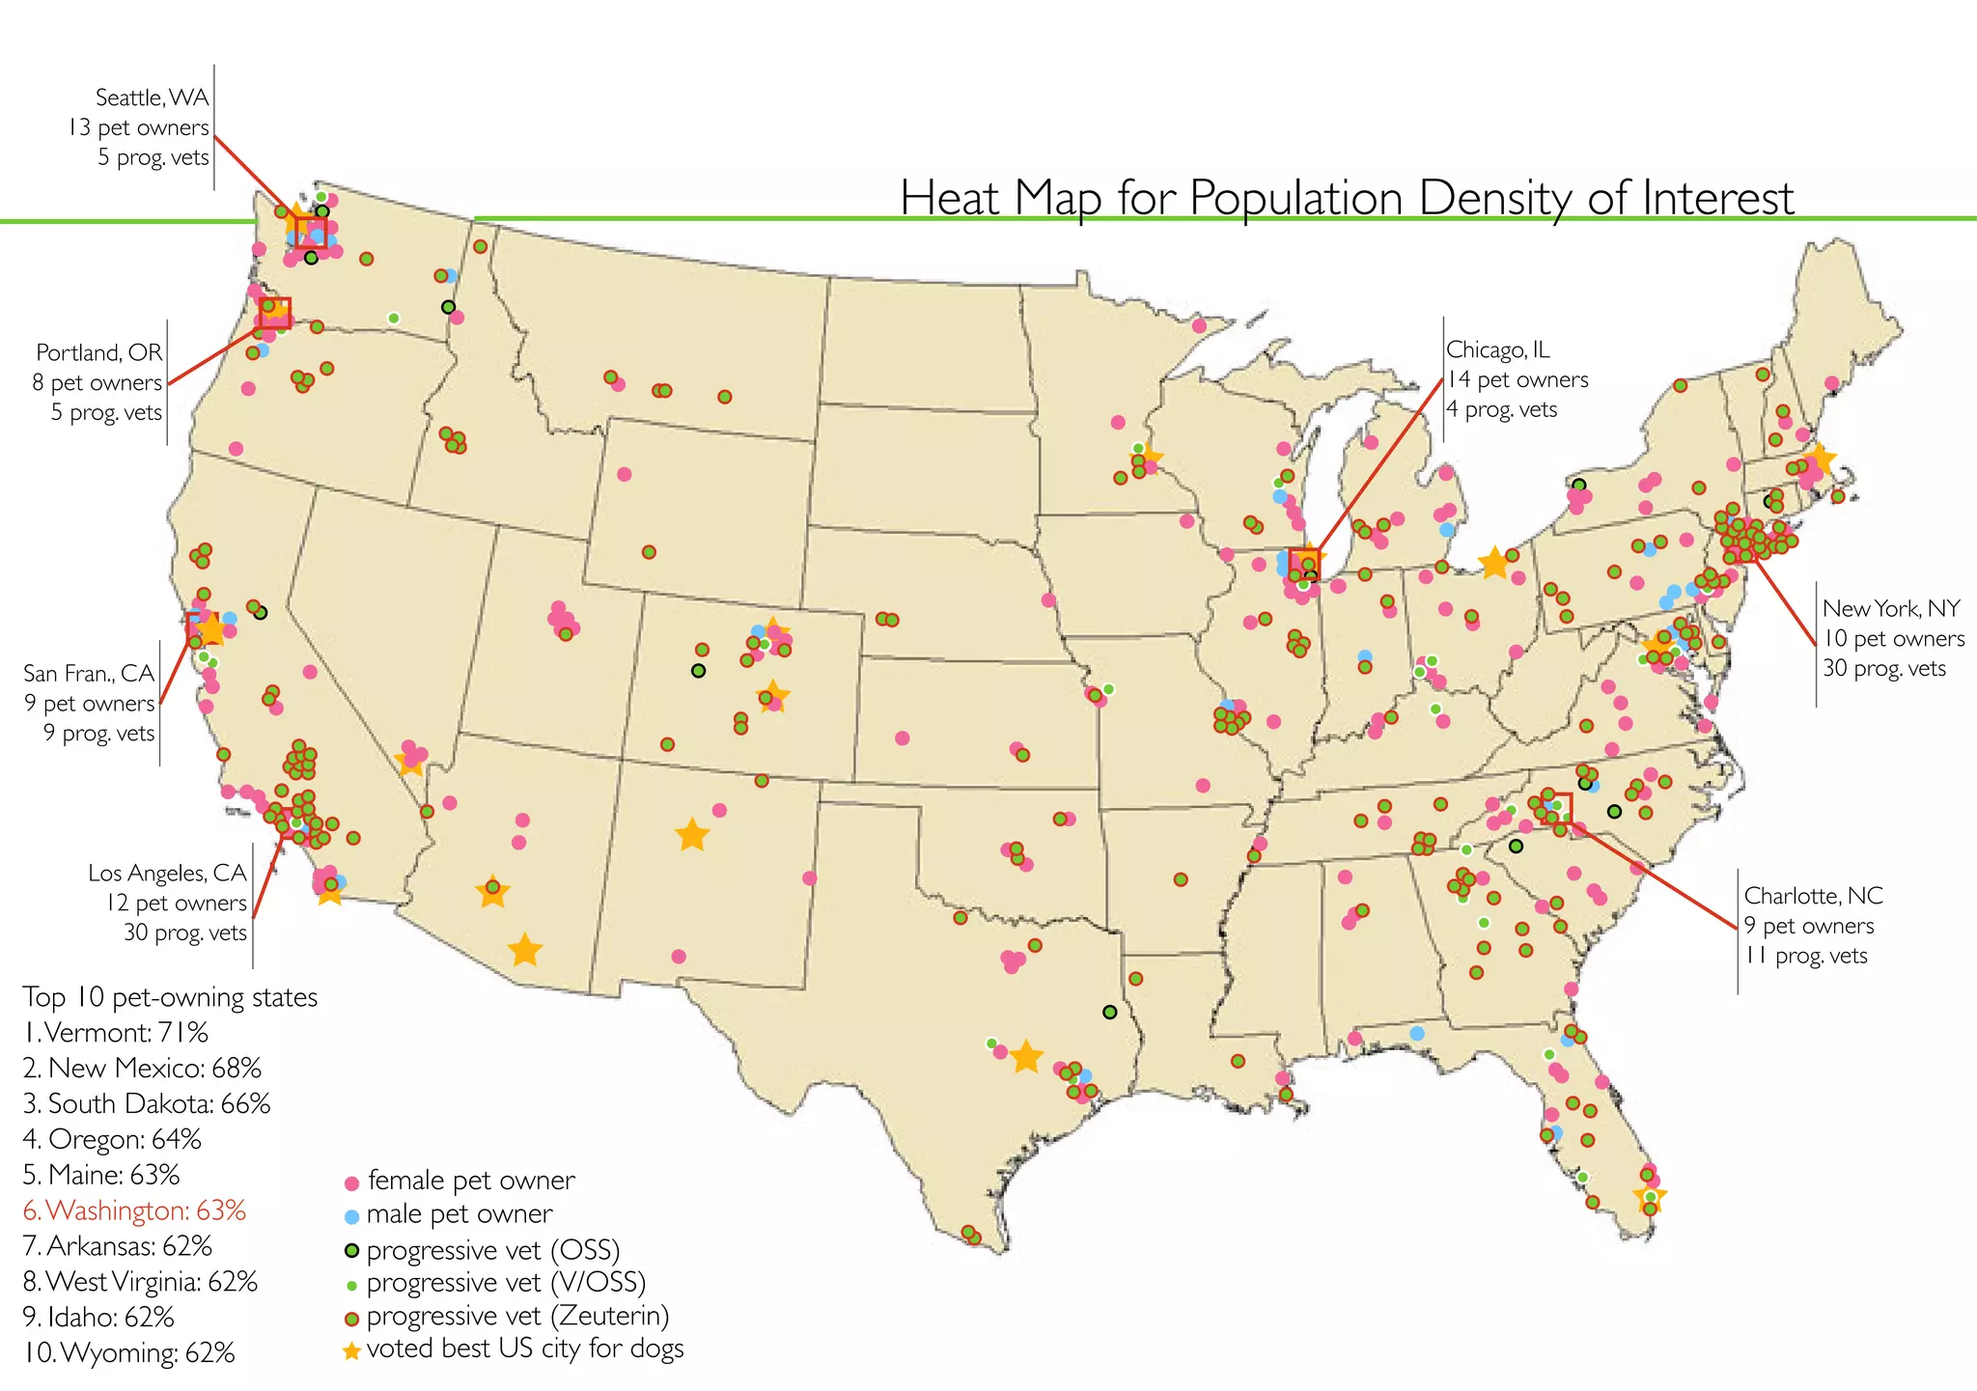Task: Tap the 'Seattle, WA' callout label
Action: click(152, 97)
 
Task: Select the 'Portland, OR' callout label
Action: click(99, 352)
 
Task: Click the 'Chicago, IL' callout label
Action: click(1497, 349)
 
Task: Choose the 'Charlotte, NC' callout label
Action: click(1813, 896)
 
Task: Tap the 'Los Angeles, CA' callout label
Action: click(167, 873)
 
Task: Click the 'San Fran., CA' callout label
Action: click(89, 673)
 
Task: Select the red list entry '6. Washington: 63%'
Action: click(134, 1210)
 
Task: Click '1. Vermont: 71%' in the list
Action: click(116, 1033)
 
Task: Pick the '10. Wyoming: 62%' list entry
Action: click(128, 1352)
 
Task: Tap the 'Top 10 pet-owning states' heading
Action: click(170, 997)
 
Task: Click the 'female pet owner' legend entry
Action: click(470, 1181)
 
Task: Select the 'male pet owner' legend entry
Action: click(459, 1213)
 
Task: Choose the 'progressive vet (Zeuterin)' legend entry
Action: click(517, 1316)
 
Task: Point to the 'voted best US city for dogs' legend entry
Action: click(524, 1349)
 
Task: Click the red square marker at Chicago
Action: click(1304, 562)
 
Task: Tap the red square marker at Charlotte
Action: click(1557, 809)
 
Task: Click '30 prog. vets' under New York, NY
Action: click(1883, 668)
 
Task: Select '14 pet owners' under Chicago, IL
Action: click(1517, 379)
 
